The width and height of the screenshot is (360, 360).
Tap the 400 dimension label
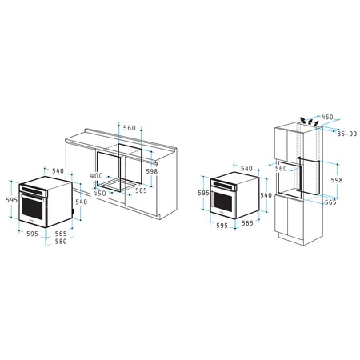click(x=96, y=176)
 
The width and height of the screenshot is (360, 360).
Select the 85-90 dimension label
click(x=347, y=134)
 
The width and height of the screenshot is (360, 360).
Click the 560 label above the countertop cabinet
click(x=130, y=128)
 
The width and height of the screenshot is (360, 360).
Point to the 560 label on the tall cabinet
click(x=281, y=169)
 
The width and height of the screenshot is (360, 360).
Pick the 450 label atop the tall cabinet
click(x=326, y=118)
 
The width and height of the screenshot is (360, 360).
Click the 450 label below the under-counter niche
click(x=99, y=193)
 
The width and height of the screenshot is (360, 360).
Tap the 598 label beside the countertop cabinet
click(x=151, y=170)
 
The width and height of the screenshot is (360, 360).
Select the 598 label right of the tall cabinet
click(x=337, y=181)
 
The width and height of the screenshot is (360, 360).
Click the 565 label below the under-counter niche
click(x=141, y=190)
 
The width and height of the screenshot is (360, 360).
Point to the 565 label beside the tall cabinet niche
click(x=330, y=202)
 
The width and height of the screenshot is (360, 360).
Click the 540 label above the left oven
click(x=58, y=170)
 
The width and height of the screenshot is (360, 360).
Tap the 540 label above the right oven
click(x=246, y=168)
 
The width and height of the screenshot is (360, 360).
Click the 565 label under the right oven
click(x=246, y=223)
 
